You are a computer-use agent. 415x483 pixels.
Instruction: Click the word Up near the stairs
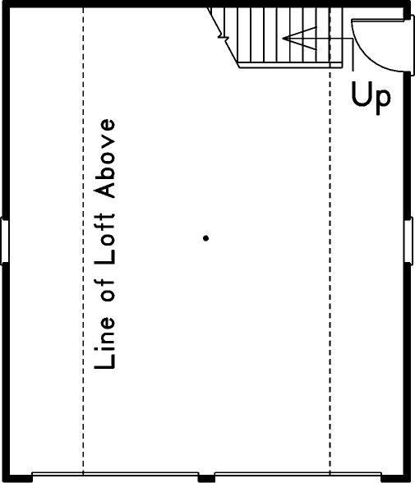(x=371, y=96)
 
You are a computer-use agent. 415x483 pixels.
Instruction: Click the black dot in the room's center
(x=205, y=238)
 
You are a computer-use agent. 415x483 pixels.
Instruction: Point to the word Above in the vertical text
(x=105, y=159)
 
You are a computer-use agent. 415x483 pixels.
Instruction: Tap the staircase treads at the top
(x=279, y=37)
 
